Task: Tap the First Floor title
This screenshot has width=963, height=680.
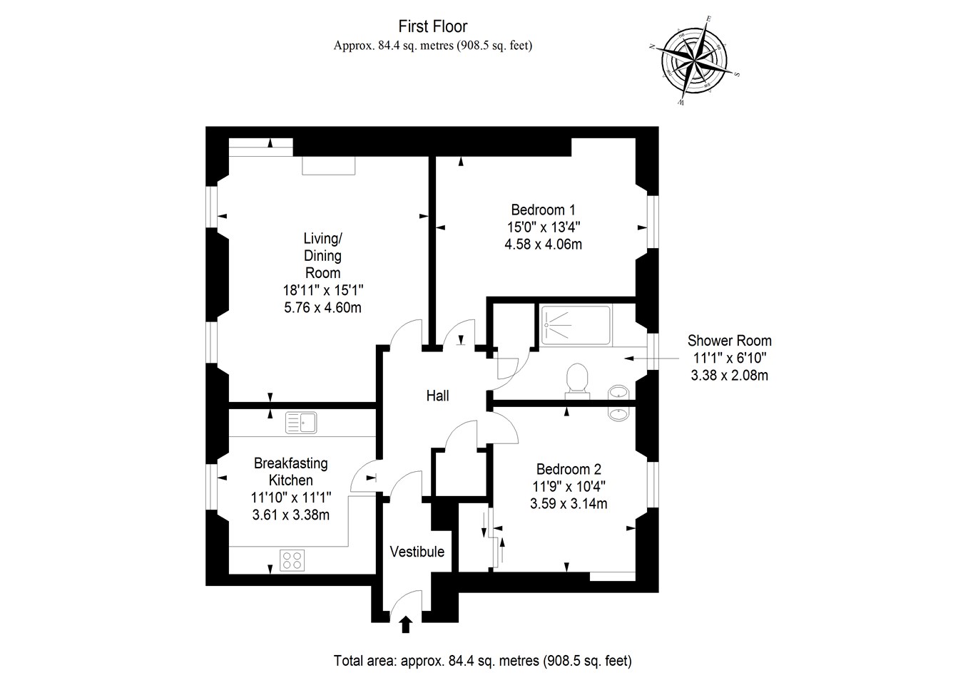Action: pyautogui.click(x=433, y=27)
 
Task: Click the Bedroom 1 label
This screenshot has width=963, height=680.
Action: pyautogui.click(x=543, y=210)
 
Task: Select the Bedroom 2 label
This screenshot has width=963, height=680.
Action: pyautogui.click(x=569, y=470)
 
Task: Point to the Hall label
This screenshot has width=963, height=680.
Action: pyautogui.click(x=438, y=396)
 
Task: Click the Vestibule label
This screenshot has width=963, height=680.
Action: pyautogui.click(x=417, y=552)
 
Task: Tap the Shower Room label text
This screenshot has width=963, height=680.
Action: pyautogui.click(x=729, y=341)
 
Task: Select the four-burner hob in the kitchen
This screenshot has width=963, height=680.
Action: pyautogui.click(x=291, y=560)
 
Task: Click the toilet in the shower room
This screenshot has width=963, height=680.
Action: pyautogui.click(x=576, y=380)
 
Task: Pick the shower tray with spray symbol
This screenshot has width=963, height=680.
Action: pyautogui.click(x=575, y=326)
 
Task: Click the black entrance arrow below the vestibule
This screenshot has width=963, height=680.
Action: pyautogui.click(x=406, y=625)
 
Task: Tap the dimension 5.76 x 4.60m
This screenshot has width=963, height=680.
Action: pyautogui.click(x=322, y=308)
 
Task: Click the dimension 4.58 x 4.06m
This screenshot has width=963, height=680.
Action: pyautogui.click(x=543, y=244)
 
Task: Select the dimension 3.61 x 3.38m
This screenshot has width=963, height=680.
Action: pyautogui.click(x=290, y=515)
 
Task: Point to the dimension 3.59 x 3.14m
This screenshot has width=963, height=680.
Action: pyautogui.click(x=569, y=504)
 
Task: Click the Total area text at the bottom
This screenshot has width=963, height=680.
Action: pyautogui.click(x=482, y=661)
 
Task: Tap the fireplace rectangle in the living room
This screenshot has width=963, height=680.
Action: pyautogui.click(x=328, y=165)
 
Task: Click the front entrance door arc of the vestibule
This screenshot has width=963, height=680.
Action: pyautogui.click(x=407, y=603)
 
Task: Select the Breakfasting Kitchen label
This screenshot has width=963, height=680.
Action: pyautogui.click(x=290, y=472)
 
